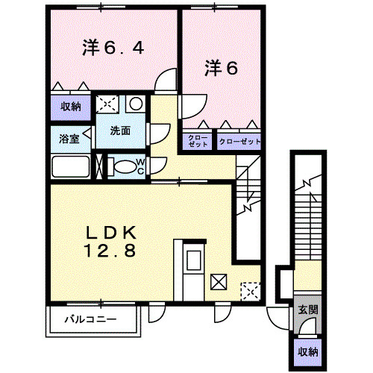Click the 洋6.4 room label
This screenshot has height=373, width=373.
[x=113, y=48]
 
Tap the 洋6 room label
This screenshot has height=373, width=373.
[x=221, y=68]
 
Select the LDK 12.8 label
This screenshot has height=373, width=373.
[x=110, y=242]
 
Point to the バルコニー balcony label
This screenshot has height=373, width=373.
[x=90, y=319]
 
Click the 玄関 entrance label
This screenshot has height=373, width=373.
[x=308, y=310]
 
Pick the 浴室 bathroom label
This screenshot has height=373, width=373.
[x=69, y=139]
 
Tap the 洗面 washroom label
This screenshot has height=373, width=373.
[x=120, y=131]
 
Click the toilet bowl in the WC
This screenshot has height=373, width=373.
[x=122, y=166]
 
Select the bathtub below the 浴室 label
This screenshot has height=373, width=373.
[x=71, y=166]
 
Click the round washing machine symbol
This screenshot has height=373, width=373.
[x=136, y=103]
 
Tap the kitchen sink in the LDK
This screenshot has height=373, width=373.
[x=194, y=260]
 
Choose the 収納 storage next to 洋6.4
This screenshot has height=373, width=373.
[x=71, y=107]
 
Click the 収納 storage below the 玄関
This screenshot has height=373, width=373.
[x=308, y=352]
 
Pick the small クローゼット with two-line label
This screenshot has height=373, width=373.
[x=198, y=141]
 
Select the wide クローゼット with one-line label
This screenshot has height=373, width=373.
[x=239, y=141]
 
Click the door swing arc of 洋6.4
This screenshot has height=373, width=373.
[x=163, y=75]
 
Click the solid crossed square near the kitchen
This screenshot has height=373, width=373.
[x=219, y=282]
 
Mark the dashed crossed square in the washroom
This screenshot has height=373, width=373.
[x=107, y=104]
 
